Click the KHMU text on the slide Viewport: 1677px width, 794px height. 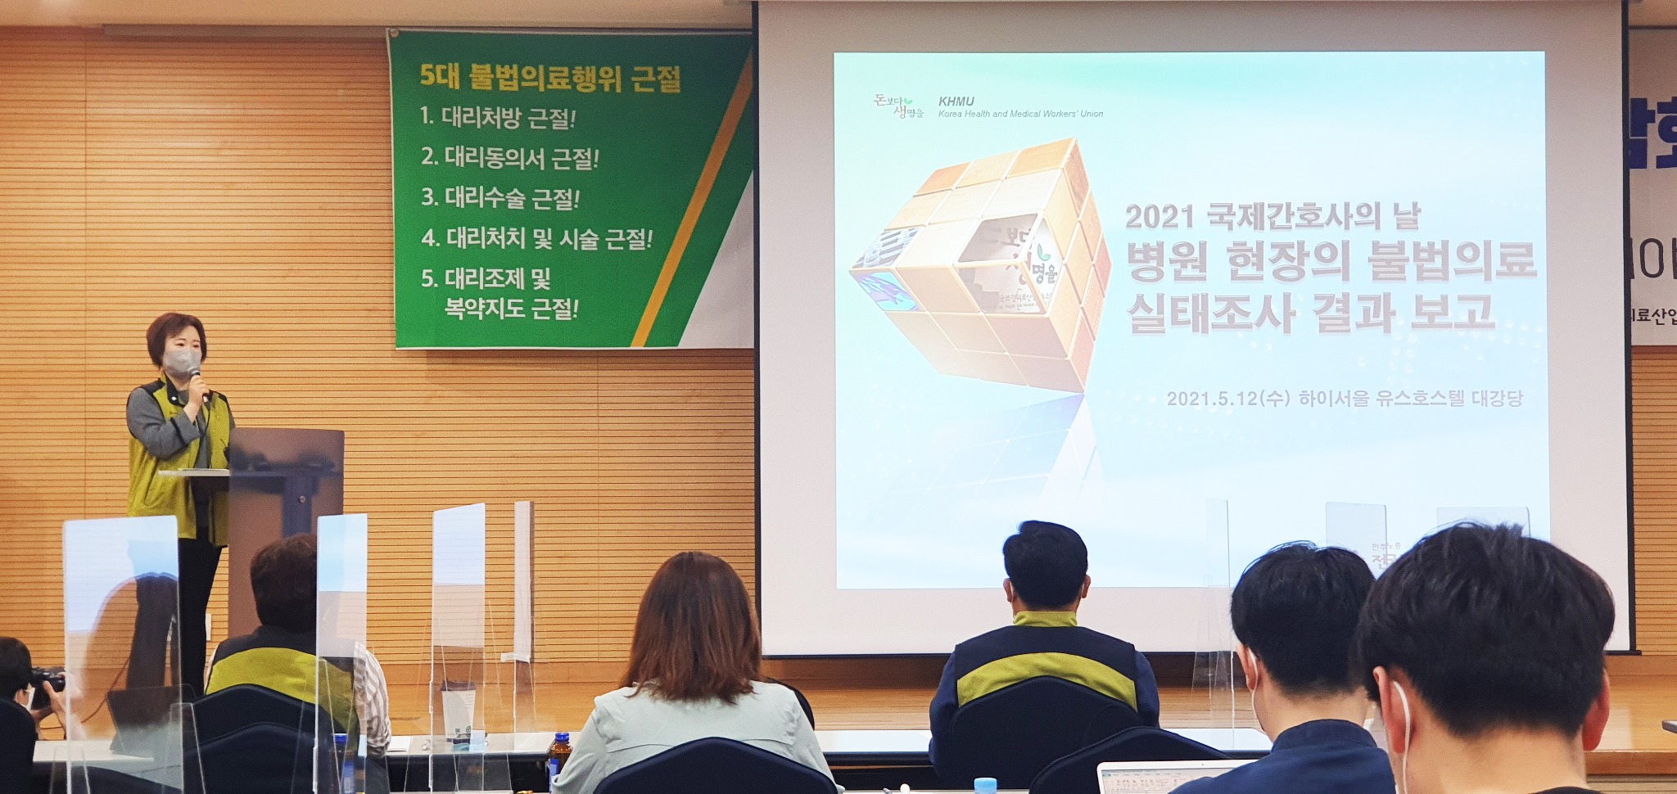click(956, 102)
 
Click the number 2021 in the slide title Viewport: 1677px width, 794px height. click(1159, 217)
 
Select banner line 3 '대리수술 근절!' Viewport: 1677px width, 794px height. click(500, 197)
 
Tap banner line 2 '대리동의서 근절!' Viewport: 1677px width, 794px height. click(509, 157)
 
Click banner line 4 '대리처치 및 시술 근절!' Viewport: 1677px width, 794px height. click(536, 238)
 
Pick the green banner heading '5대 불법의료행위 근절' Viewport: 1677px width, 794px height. click(549, 78)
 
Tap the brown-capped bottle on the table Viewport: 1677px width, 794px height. click(560, 753)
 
